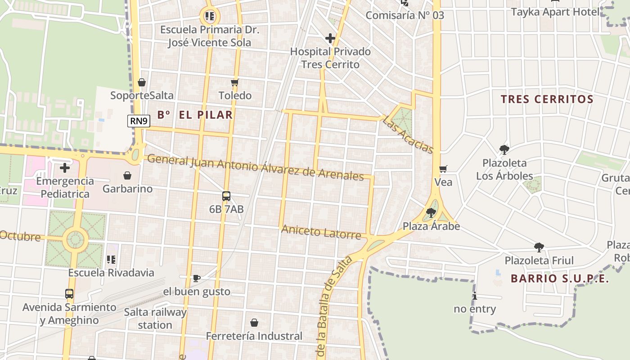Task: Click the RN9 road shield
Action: coord(139,121)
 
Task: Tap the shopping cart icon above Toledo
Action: coord(234,82)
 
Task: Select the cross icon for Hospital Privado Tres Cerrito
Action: coord(330,38)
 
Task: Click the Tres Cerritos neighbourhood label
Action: coord(547,99)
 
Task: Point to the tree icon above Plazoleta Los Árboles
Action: coord(504,149)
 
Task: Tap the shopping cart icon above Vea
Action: coord(443,169)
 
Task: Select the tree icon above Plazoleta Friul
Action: coord(539,247)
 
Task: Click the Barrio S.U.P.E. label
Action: coord(560,279)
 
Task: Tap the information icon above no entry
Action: coord(475,296)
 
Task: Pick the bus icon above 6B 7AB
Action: coord(226,196)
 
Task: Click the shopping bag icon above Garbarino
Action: coord(127,175)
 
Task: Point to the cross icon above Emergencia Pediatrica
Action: coord(65,168)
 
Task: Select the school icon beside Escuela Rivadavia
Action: coord(111,259)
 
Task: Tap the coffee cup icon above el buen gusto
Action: coord(196,278)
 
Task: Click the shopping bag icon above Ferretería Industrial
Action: coord(254,323)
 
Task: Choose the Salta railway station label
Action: coord(155,318)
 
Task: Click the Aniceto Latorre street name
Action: coord(321,233)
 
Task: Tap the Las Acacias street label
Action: coord(408,135)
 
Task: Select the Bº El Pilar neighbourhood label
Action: coord(195,115)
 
